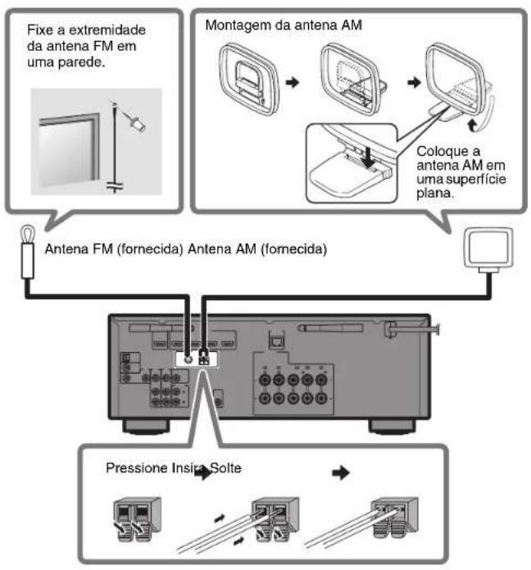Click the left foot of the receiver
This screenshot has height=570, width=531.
146,426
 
